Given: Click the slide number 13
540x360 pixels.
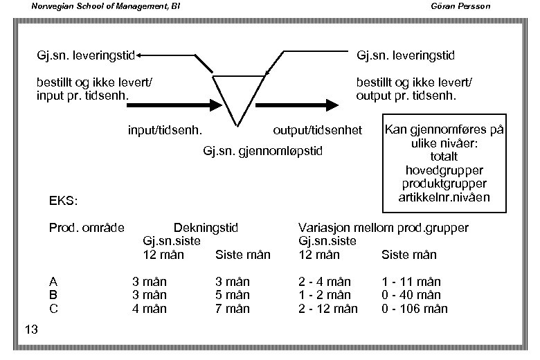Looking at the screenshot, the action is tap(30, 329).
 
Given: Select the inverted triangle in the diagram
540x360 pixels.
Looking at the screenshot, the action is tap(237, 97).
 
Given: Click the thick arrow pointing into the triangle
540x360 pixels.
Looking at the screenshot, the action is tap(173, 106).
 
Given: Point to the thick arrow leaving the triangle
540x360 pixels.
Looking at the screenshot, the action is tap(298, 106).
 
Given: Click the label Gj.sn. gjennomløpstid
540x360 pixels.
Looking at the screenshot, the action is tap(263, 151).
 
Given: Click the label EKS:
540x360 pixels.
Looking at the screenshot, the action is tap(63, 201).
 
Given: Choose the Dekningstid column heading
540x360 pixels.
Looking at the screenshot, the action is tap(206, 228).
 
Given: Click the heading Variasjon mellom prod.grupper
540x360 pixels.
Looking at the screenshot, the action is tap(383, 228).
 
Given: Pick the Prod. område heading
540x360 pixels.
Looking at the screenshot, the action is tap(87, 228).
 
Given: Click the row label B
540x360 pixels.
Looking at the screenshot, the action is tap(53, 295).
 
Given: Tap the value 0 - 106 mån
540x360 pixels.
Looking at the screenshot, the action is tap(414, 309).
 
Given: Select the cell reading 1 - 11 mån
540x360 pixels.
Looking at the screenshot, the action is tap(411, 282).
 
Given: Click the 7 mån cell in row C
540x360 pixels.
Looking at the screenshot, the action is tap(233, 309).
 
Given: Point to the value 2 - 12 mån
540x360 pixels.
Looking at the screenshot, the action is tap(328, 309).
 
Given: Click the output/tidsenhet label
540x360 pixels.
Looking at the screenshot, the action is tap(318, 130).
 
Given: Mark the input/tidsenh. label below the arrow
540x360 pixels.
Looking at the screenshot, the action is tap(165, 130).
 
